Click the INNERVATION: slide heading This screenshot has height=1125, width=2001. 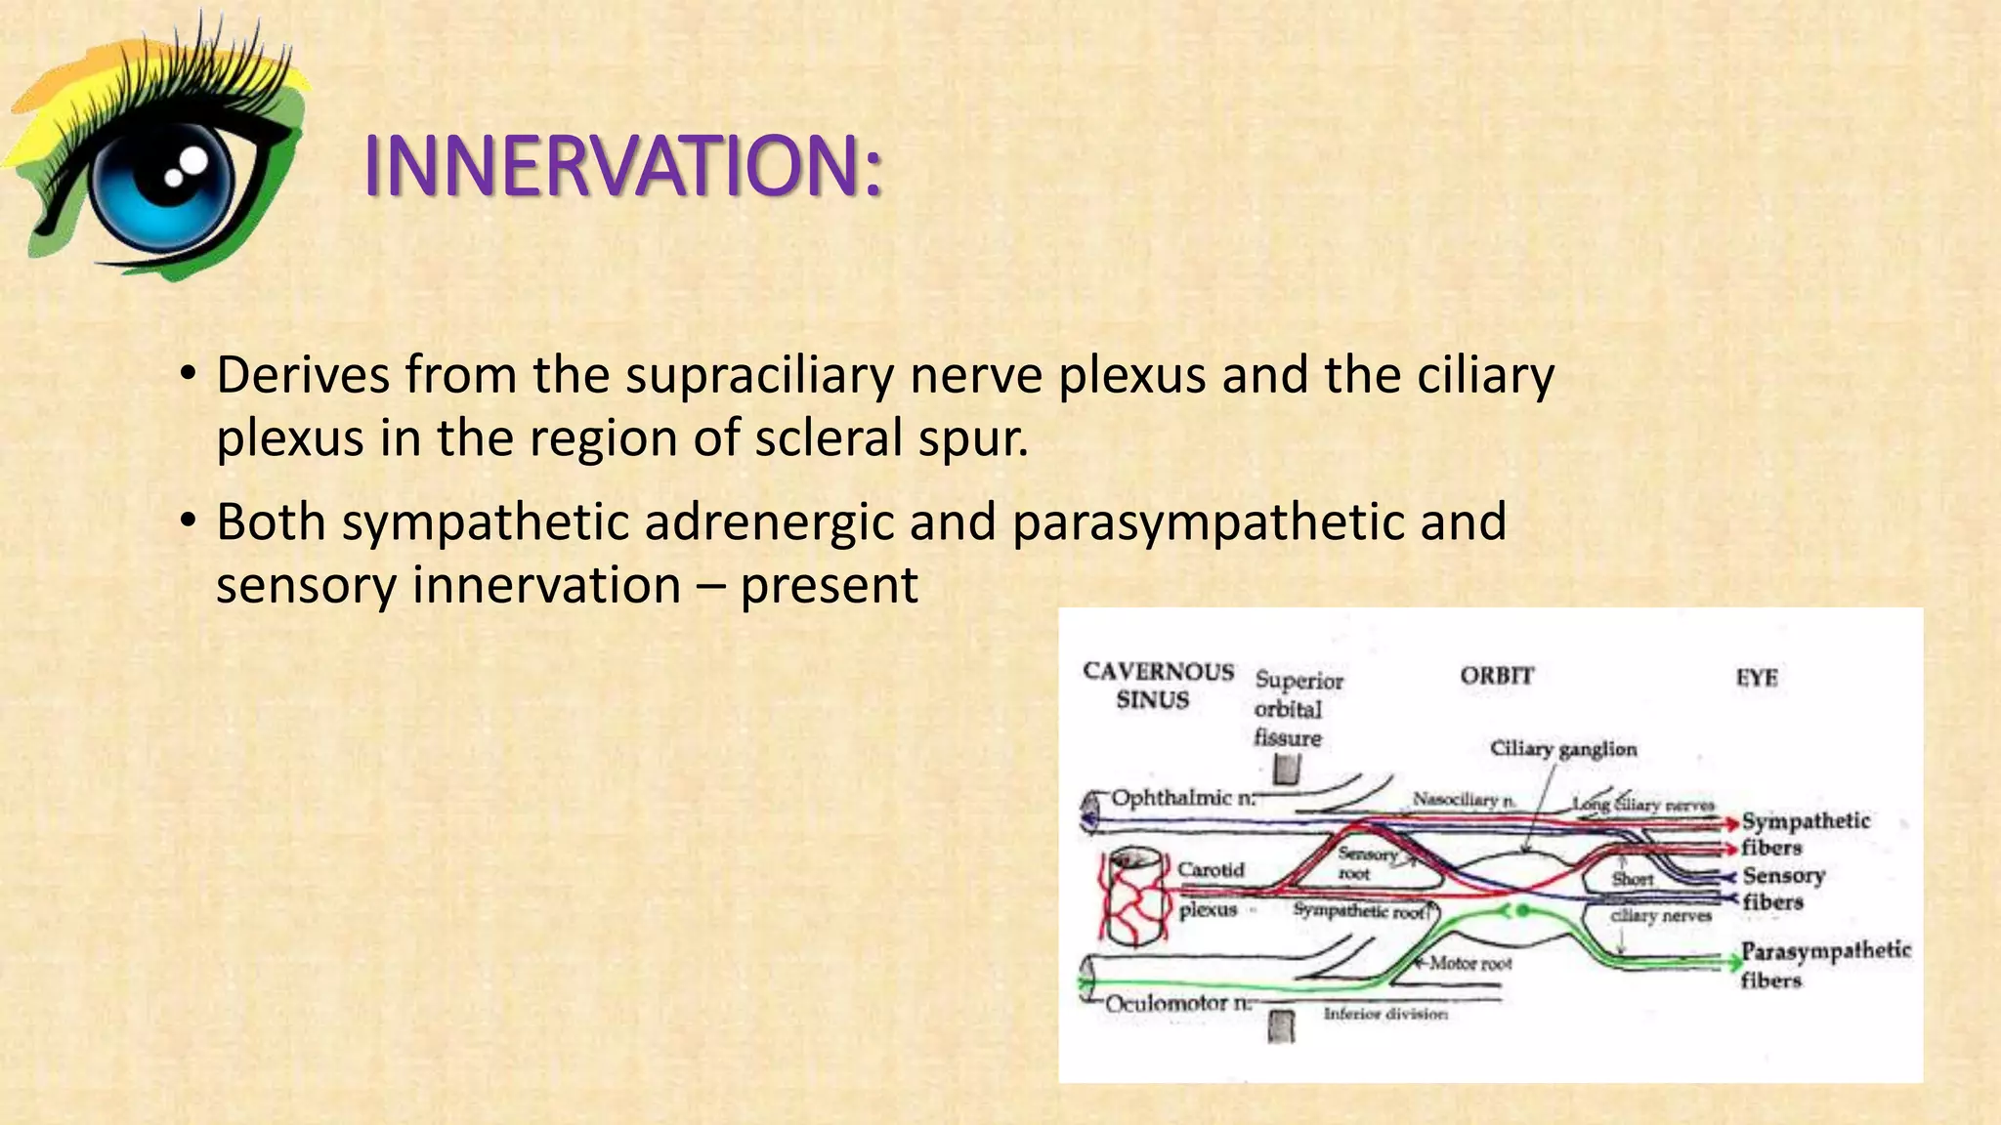click(622, 166)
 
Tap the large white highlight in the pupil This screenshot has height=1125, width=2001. click(193, 159)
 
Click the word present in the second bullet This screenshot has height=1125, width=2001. click(829, 585)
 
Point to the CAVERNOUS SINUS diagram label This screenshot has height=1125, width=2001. click(1157, 685)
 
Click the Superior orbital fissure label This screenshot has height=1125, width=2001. click(1296, 709)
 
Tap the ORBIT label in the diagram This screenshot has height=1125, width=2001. click(1496, 676)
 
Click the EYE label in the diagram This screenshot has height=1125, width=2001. click(1756, 677)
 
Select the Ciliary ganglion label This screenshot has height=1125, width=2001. click(1562, 749)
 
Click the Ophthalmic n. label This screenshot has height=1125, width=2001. click(1182, 798)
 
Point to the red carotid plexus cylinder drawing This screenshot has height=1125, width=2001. click(1135, 896)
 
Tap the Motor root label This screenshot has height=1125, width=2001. click(1469, 964)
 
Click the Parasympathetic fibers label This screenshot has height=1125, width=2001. click(1823, 964)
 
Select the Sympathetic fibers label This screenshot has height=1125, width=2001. click(1804, 833)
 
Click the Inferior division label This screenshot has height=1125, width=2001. click(1384, 1015)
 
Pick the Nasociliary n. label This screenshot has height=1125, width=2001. click(1463, 801)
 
